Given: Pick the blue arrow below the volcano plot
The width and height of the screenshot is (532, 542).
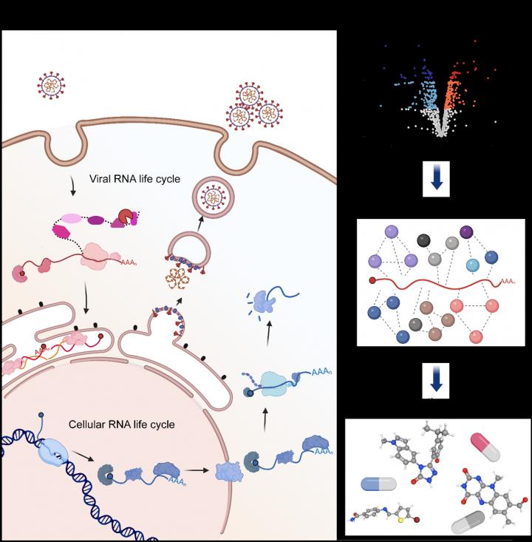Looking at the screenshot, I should pos(436,181).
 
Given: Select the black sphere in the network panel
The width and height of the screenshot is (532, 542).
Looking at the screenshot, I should pos(423,240).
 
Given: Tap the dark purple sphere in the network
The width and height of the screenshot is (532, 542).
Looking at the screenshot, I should pos(467,234).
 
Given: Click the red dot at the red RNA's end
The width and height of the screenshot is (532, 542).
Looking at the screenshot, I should pos(372,281).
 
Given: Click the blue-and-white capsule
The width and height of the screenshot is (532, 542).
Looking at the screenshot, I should pos(378,484).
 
